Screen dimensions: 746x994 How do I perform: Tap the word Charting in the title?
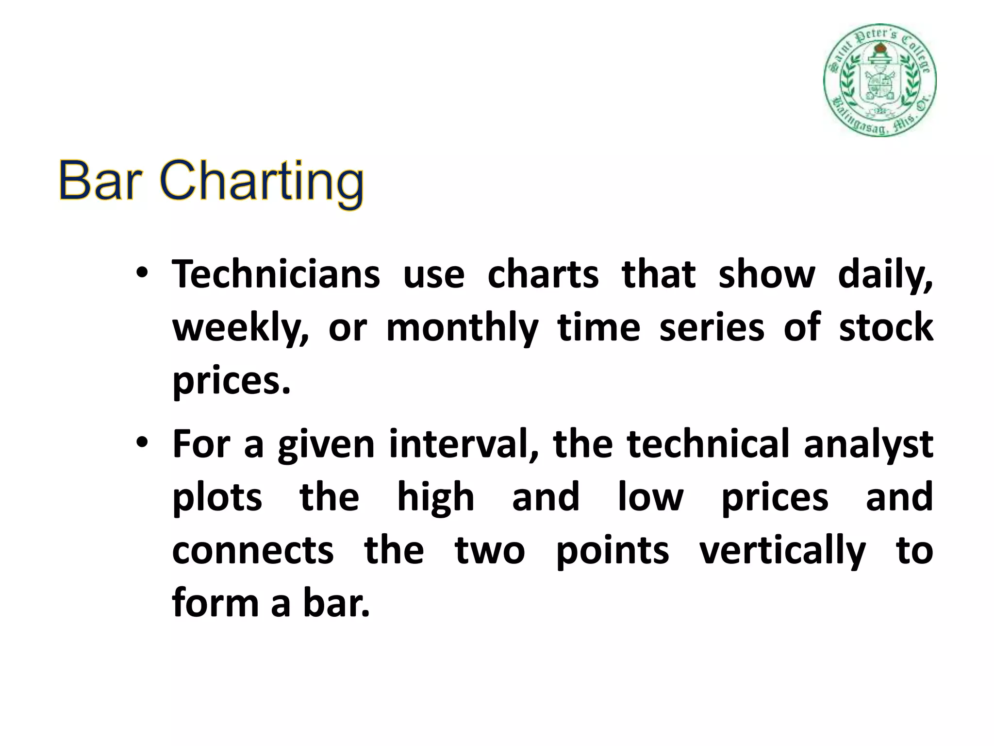click(x=262, y=182)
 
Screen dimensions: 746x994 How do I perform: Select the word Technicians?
click(x=276, y=275)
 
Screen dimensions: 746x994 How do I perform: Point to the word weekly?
click(x=240, y=328)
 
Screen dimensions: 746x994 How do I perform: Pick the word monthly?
click(x=462, y=328)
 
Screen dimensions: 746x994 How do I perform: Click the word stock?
click(x=886, y=327)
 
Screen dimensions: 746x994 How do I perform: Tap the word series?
click(x=712, y=327)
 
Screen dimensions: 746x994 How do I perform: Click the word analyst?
click(x=868, y=444)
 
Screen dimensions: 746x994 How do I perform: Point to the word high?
click(x=435, y=498)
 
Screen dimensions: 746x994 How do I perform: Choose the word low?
click(x=650, y=497)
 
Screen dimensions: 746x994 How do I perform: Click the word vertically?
click(x=782, y=552)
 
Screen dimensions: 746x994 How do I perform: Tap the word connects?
click(x=253, y=551)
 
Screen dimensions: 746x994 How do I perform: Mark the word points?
click(x=612, y=552)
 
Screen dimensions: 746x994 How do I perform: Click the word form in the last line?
click(x=215, y=604)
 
